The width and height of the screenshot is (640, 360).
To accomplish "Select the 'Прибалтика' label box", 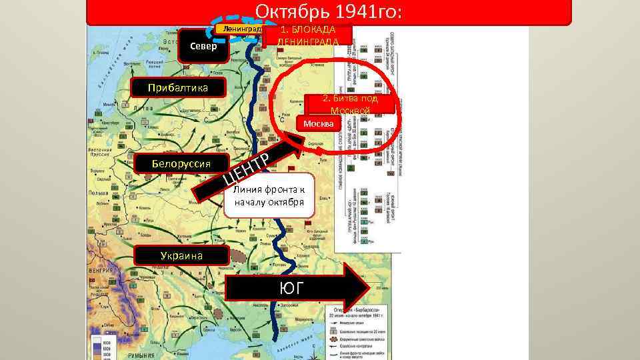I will click(179, 88).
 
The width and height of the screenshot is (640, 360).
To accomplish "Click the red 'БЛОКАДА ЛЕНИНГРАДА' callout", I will click(307, 35).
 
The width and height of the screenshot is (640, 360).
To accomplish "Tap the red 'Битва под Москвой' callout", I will click(350, 104).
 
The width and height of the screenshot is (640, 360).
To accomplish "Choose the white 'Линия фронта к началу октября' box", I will click(269, 195).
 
